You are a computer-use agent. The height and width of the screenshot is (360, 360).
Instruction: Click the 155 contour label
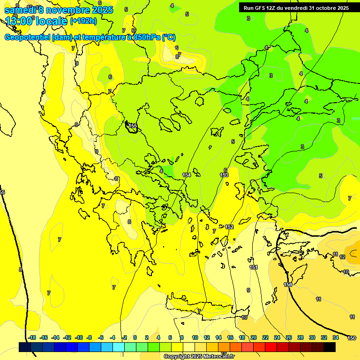pos(134,126)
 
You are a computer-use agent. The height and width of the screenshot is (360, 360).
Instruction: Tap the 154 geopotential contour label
pos(187,175)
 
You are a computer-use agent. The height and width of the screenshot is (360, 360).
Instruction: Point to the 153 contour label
pos(224,175)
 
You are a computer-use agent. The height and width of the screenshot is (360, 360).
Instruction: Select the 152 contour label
pos(229,227)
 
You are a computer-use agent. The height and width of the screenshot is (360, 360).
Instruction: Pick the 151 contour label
pos(254,267)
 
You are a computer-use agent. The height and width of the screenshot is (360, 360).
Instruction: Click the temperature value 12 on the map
pos(342,257)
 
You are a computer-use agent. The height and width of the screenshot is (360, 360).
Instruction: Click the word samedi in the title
pos(19,10)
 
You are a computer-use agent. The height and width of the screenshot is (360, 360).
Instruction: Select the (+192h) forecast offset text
pos(83,21)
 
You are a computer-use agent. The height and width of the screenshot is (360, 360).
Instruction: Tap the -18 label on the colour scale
pos(32,337)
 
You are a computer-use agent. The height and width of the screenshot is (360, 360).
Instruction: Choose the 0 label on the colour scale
pos(135,337)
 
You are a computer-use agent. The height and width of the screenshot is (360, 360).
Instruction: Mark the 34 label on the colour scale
pos(336,337)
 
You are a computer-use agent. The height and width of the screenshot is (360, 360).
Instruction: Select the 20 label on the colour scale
pos(254,337)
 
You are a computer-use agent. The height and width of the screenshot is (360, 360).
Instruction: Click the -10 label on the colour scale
pos(79,337)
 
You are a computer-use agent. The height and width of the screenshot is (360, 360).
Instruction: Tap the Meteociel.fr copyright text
pos(216,356)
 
